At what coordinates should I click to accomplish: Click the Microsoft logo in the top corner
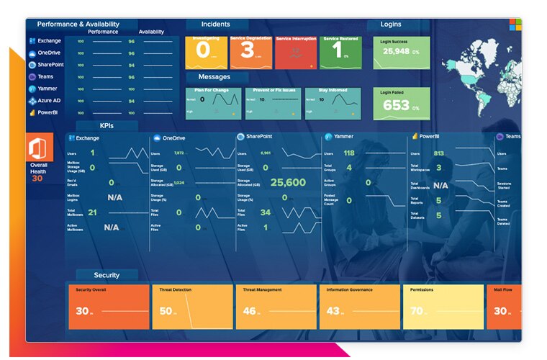(516, 24)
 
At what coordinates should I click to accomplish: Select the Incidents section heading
(216, 24)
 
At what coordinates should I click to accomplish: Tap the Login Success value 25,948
(397, 52)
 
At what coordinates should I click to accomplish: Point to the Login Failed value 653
(396, 106)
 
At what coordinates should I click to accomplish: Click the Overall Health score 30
(37, 178)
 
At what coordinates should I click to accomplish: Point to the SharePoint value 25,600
(288, 183)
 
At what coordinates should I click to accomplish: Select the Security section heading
(107, 275)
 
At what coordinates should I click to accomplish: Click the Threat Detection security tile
(192, 306)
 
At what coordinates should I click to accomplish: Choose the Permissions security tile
(443, 306)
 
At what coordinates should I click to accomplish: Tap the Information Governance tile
(359, 306)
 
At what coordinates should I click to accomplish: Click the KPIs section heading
(107, 125)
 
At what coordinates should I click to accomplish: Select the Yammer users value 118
(349, 153)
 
